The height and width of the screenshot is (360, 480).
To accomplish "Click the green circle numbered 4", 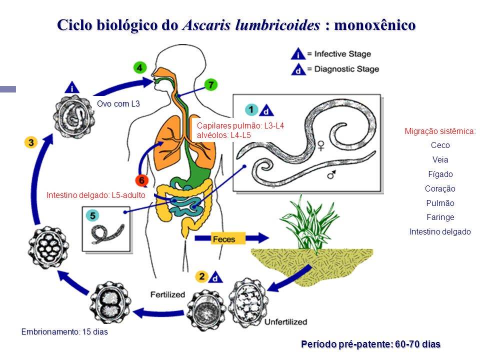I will click(x=140, y=67).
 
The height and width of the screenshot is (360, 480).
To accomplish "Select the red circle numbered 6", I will click(x=142, y=180).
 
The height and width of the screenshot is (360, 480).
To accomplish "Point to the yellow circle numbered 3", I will click(x=31, y=142).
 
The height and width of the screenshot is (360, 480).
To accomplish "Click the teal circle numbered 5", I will click(x=93, y=215).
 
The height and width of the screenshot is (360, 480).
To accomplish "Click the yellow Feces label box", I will click(x=223, y=238).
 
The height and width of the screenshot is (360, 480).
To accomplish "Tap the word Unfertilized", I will click(x=285, y=321).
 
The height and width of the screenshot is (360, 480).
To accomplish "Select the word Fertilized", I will click(x=167, y=294).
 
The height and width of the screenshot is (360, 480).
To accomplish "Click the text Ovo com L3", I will click(x=118, y=104).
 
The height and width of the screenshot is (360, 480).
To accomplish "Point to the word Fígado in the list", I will click(x=440, y=174).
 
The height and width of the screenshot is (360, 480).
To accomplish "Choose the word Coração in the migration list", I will click(x=440, y=189).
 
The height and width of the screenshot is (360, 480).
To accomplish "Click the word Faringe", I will click(x=440, y=217).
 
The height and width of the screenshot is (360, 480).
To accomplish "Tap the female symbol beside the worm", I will click(x=320, y=145).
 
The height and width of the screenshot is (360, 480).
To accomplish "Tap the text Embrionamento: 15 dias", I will click(x=64, y=331).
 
